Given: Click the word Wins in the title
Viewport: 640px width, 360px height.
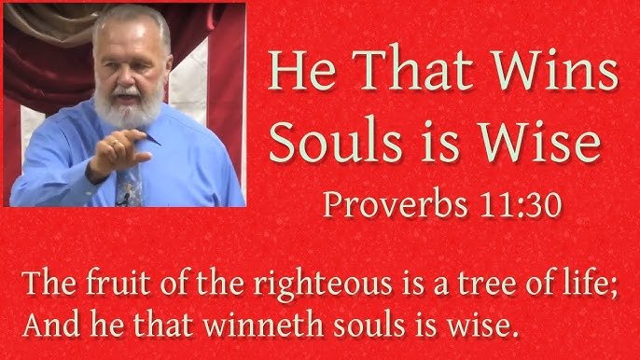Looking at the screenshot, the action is pyautogui.click(x=555, y=69).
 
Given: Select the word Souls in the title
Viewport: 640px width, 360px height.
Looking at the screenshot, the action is pyautogui.click(x=336, y=141).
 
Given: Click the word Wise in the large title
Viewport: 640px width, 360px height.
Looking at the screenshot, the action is pyautogui.click(x=539, y=141).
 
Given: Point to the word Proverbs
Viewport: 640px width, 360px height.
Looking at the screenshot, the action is pyautogui.click(x=396, y=204).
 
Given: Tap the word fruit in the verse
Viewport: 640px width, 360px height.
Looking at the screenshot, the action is pyautogui.click(x=118, y=283).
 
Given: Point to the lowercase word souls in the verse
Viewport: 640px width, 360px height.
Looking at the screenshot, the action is pyautogui.click(x=369, y=325).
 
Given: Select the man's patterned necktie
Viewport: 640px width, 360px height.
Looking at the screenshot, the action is pyautogui.click(x=129, y=185).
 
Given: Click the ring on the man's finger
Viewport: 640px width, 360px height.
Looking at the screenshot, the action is pyautogui.click(x=116, y=144).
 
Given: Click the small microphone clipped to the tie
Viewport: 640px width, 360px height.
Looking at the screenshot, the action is pyautogui.click(x=123, y=200).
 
